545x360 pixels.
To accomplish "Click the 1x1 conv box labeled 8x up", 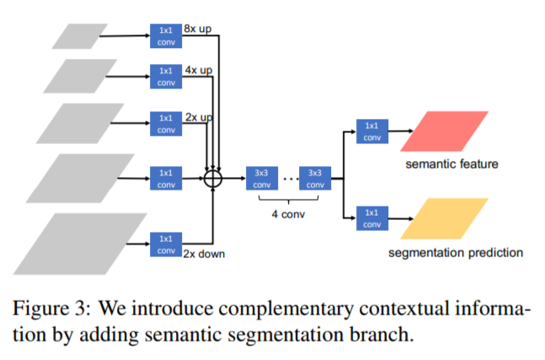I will (165, 35).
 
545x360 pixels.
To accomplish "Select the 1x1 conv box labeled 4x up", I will (165, 76).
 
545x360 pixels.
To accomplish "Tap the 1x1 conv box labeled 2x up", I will (165, 122).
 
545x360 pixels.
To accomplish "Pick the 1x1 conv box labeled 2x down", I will (165, 244).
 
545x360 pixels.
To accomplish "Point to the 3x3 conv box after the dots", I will (315, 179).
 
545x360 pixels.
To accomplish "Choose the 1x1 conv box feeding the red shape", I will (371, 131).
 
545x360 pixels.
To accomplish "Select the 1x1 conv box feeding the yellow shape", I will (371, 218).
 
